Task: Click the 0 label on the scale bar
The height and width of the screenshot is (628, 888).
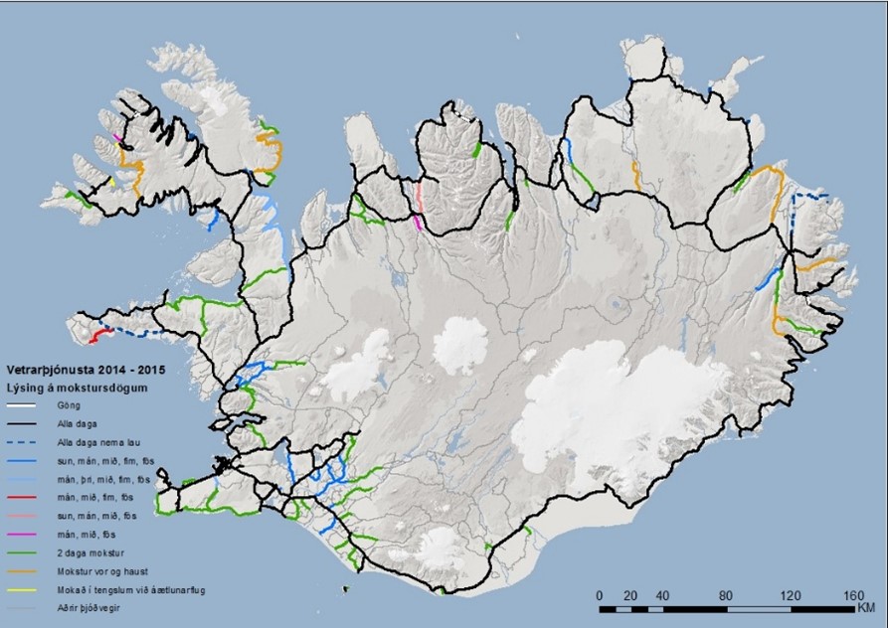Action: (x=599, y=594)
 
